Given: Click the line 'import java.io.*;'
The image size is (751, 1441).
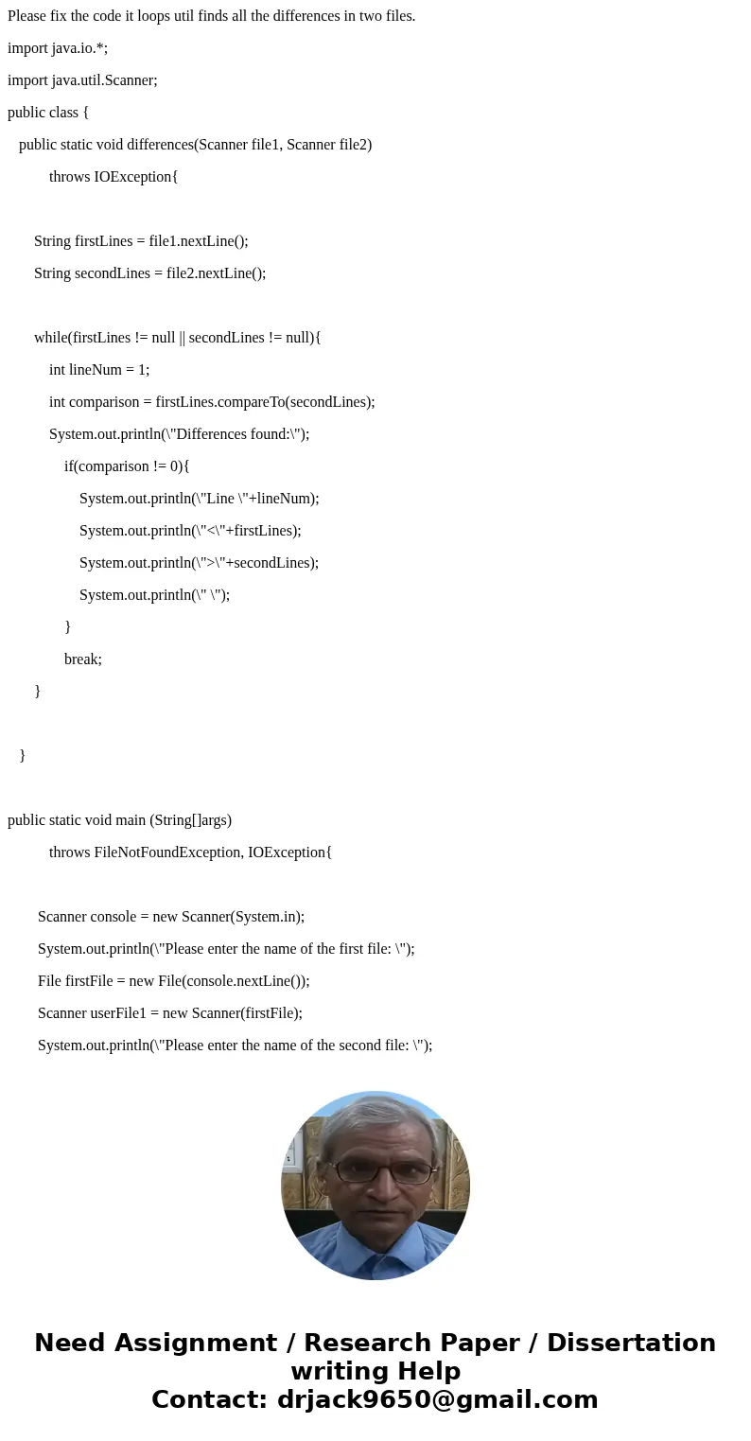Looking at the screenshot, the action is [x=58, y=48].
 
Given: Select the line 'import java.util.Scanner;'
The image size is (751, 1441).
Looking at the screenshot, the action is [x=82, y=80].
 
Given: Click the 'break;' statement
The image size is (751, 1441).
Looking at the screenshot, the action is [x=83, y=659].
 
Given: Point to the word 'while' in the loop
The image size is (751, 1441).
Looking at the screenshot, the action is [x=51, y=338].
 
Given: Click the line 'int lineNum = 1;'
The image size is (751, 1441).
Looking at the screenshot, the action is [x=99, y=370].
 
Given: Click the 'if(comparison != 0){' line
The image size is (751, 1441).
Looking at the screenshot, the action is [x=127, y=466].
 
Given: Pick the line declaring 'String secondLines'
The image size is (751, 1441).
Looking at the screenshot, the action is [x=149, y=273].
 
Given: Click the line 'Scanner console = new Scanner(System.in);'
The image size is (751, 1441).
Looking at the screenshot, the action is [x=171, y=917].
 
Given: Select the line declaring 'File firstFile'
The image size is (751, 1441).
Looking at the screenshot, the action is [x=174, y=981].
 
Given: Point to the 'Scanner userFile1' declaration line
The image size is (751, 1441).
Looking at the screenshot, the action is [x=170, y=1013].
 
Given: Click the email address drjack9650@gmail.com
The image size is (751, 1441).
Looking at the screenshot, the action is [x=437, y=1399].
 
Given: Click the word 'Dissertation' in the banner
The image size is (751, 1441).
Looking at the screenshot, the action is [x=631, y=1344].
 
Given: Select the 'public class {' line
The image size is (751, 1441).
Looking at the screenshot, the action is [x=48, y=113].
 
